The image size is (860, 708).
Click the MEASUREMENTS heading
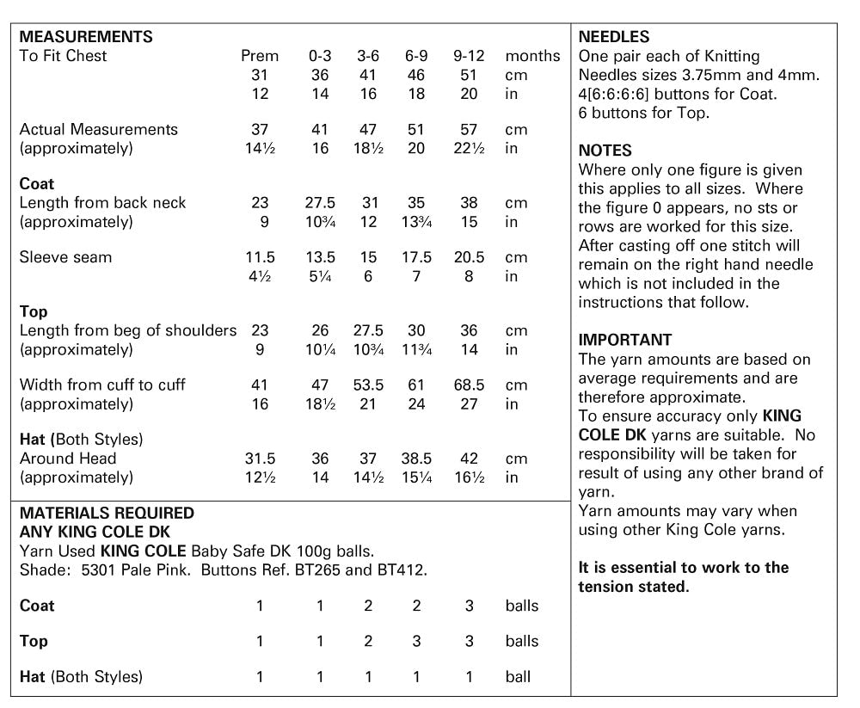tap(86, 37)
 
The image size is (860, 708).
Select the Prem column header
tap(259, 56)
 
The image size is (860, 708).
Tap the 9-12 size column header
tap(469, 56)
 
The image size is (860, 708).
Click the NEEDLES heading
tap(614, 37)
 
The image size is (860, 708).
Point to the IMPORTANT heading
tap(625, 340)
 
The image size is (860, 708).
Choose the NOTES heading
tap(605, 151)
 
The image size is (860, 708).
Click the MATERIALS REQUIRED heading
tap(107, 513)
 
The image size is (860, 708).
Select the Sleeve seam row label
tap(65, 257)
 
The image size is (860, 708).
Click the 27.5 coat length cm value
tap(320, 203)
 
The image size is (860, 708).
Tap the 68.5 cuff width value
tap(469, 385)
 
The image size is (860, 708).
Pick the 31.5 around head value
tap(260, 459)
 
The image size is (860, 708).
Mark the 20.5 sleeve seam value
tap(469, 257)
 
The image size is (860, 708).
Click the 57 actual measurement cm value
tap(469, 129)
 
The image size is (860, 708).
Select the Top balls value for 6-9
tap(416, 641)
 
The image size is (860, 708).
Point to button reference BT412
tap(404, 569)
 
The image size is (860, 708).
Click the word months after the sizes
tap(532, 56)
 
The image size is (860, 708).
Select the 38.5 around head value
tap(416, 459)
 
